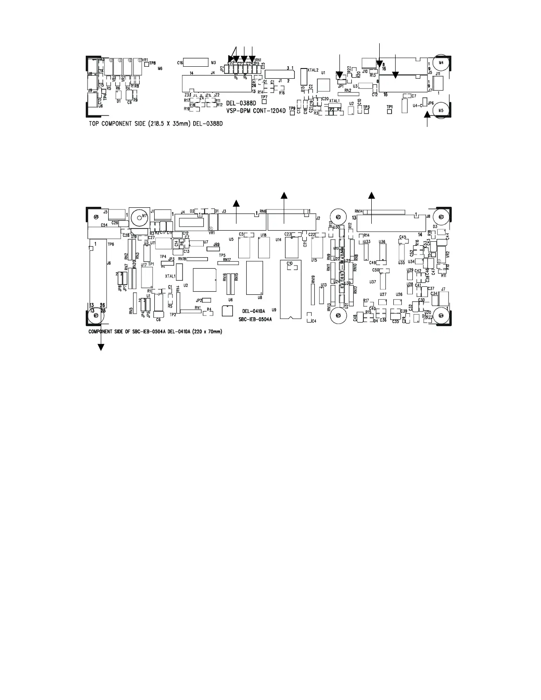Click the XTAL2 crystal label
312,70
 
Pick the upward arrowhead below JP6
427,115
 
